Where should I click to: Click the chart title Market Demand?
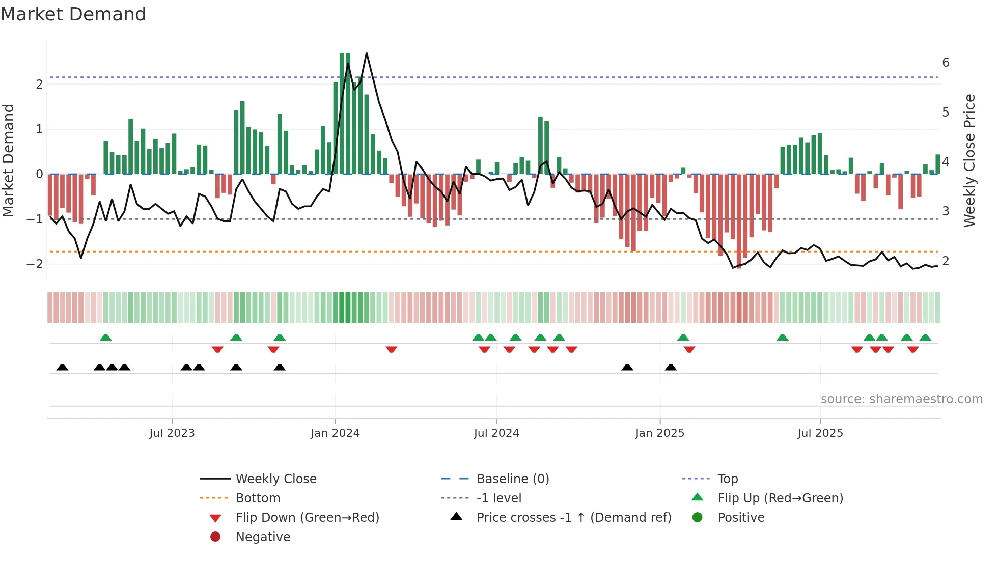tap(73, 14)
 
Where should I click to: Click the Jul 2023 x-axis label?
tap(172, 433)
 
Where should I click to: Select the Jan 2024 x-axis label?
tap(335, 433)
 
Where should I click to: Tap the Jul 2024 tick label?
tap(496, 433)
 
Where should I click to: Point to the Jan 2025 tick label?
tap(659, 433)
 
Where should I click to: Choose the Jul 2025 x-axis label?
tap(820, 433)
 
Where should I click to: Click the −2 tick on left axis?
tap(35, 264)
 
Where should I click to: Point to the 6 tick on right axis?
tap(946, 63)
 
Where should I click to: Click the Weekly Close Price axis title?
tap(969, 160)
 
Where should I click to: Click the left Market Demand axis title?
tap(9, 160)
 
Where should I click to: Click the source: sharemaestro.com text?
tap(901, 399)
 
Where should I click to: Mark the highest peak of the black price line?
tap(366, 53)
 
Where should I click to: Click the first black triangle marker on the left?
tap(62, 368)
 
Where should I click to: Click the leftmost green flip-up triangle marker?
tap(105, 338)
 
